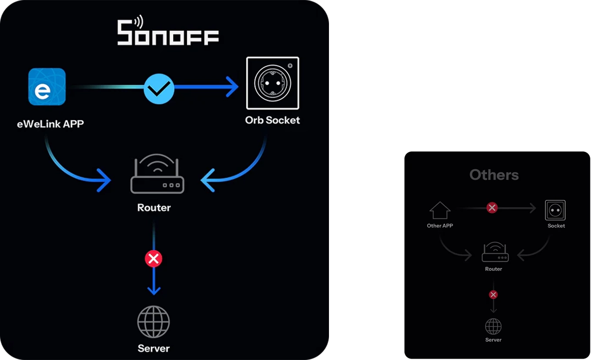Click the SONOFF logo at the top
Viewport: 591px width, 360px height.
pos(168,30)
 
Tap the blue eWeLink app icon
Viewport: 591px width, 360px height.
pos(47,87)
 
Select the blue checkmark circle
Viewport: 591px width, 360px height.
pos(159,89)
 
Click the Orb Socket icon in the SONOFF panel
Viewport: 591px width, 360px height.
pos(272,83)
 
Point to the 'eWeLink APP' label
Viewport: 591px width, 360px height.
pos(50,124)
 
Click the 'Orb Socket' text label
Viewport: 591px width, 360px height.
pos(272,120)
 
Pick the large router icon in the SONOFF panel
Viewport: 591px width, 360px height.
pos(157,173)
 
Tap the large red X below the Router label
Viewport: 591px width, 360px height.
pos(153,259)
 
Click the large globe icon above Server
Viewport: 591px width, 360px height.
pos(153,322)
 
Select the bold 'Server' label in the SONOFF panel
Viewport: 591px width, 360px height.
pos(153,348)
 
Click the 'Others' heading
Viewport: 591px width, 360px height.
pos(494,175)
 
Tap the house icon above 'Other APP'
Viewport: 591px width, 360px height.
pos(440,210)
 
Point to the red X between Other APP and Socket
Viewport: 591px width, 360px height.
pos(492,208)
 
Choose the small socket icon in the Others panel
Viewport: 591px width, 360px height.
pos(555,210)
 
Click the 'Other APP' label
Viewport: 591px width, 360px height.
pos(440,226)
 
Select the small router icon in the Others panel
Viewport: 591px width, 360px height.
pos(495,252)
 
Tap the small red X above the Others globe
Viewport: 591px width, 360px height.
pos(493,294)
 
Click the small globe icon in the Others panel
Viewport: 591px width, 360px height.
pos(493,327)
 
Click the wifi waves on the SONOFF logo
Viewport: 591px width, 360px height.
pos(139,22)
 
